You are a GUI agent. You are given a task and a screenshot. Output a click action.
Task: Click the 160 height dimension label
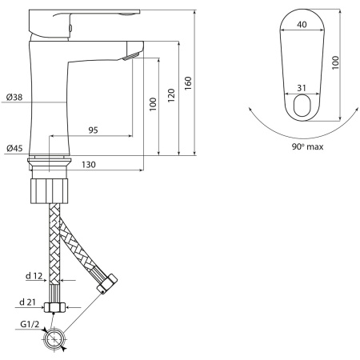[188, 83]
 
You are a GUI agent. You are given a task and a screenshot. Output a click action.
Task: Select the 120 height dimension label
[171, 95]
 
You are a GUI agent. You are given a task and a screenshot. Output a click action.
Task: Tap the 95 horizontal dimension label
[94, 130]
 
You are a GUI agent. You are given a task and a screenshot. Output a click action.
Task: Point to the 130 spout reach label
[89, 165]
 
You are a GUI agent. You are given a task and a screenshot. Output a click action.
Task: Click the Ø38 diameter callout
[14, 97]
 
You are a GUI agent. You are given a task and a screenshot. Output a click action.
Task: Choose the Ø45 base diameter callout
[14, 148]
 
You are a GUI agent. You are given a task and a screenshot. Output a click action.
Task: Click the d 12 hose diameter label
[34, 276]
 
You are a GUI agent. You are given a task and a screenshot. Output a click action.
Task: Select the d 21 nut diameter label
[27, 302]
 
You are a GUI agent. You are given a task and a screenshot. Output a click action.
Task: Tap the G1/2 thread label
[30, 324]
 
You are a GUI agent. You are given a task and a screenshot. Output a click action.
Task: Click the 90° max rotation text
[307, 146]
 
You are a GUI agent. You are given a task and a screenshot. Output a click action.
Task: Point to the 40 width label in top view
[302, 25]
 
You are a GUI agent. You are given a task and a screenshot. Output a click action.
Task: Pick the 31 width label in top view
[302, 88]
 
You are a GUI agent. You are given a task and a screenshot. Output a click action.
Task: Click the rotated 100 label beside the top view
[335, 63]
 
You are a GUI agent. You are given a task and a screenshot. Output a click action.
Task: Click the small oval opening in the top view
[302, 106]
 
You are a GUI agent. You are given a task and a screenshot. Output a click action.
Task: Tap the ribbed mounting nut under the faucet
[50, 191]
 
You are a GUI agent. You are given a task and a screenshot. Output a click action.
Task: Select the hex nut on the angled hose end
[107, 283]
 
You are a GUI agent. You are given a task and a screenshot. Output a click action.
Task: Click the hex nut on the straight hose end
[54, 307]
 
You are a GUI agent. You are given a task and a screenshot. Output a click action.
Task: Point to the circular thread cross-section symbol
[54, 339]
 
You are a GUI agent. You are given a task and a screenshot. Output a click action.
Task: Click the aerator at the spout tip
[131, 56]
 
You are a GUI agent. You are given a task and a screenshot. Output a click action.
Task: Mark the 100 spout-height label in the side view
[153, 104]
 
